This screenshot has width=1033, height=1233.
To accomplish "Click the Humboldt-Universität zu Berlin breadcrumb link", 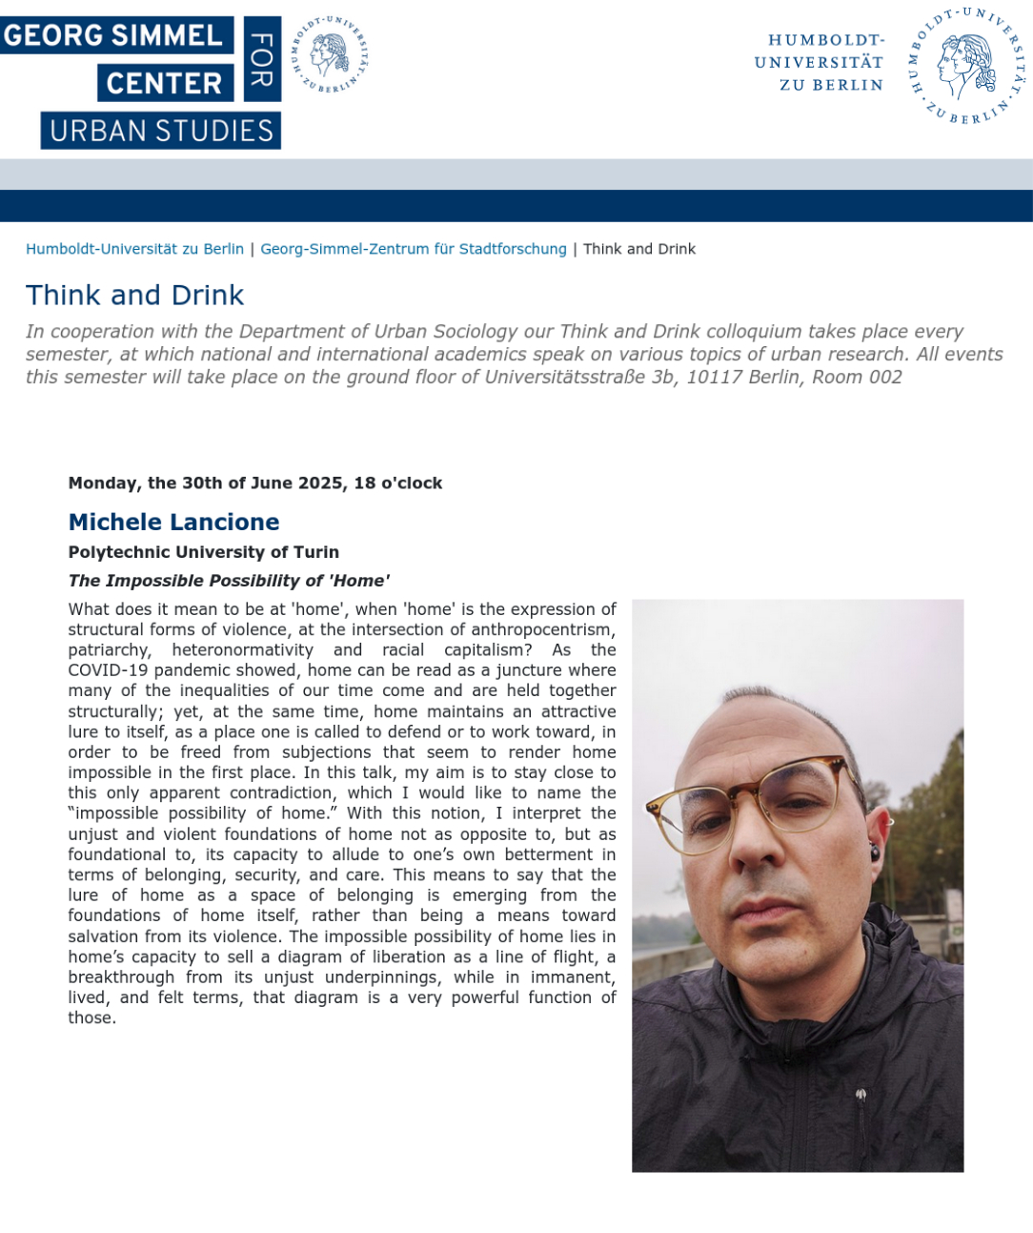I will click(134, 249).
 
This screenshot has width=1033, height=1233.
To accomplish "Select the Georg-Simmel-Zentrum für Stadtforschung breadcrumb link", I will click(413, 249).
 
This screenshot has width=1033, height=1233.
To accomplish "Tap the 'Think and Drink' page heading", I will click(134, 295).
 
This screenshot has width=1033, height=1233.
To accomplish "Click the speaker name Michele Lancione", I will click(173, 522).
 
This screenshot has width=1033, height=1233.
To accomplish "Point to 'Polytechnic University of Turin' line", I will click(203, 552).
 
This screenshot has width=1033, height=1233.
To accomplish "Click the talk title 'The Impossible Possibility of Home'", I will click(229, 581).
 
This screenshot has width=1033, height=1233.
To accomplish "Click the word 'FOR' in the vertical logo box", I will click(261, 59).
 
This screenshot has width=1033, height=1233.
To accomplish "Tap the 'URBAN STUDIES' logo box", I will click(161, 131).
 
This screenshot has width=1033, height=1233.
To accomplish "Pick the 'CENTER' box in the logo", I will click(164, 83).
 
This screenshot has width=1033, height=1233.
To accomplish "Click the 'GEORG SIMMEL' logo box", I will click(114, 35).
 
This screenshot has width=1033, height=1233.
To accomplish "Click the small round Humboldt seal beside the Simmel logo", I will click(330, 54).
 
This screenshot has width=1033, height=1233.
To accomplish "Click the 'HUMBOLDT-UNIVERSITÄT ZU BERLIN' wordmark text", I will click(819, 62).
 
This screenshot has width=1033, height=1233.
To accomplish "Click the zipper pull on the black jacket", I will click(861, 1095).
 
